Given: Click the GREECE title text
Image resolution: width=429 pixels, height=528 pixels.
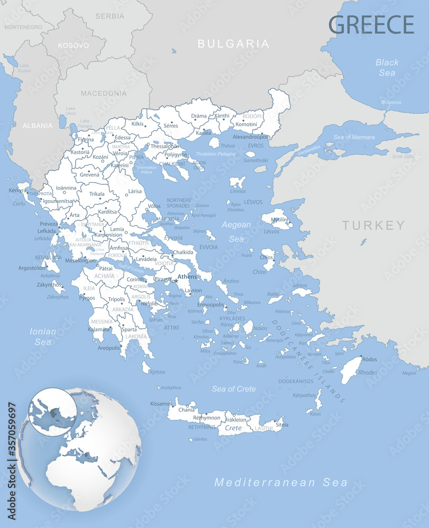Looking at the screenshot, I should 371,24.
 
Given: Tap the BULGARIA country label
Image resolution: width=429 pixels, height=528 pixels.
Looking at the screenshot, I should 233,44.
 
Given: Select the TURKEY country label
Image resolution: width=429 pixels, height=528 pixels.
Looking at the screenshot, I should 373,225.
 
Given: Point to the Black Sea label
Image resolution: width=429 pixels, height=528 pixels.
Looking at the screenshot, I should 387,68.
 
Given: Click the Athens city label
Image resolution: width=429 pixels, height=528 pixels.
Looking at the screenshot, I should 187,277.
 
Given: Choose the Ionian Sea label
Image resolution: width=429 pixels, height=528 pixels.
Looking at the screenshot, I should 43,336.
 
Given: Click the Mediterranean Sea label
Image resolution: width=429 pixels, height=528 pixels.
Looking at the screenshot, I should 281,482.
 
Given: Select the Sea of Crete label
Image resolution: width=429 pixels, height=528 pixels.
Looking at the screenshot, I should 234,389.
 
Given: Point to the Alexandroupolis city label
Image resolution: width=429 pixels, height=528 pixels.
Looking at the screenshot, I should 252,137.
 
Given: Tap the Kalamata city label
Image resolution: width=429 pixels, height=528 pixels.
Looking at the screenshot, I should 99,329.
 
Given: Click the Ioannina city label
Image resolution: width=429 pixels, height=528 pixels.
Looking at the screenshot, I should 66,187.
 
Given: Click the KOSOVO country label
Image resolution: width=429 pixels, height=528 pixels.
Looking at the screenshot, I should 74,45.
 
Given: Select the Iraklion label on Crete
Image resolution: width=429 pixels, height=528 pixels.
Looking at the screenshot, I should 236,420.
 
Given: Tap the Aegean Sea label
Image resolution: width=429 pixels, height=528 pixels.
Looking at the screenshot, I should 236,231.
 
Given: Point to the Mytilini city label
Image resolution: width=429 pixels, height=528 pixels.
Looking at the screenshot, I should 280,220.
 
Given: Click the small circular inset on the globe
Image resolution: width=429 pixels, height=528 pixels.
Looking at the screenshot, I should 52,412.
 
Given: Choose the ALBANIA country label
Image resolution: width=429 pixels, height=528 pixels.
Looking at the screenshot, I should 37,126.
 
